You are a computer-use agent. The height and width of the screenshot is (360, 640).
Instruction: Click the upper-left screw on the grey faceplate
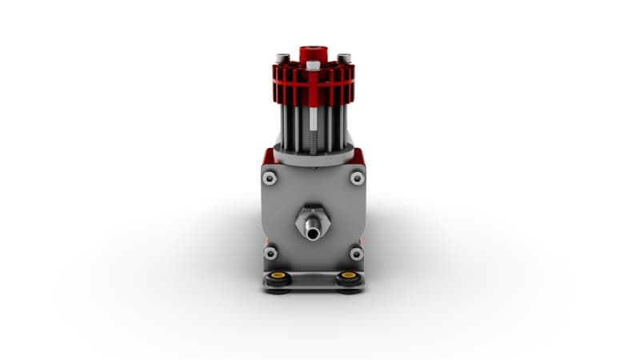[270, 178]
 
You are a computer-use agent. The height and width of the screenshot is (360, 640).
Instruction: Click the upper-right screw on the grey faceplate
[357, 178]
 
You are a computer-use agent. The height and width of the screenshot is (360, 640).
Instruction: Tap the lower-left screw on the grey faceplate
[270, 254]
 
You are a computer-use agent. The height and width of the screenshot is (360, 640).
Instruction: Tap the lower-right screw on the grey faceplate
[357, 254]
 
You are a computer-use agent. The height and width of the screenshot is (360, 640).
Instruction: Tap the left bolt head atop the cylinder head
[281, 58]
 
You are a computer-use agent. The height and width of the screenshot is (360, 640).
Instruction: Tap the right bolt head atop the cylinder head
[344, 58]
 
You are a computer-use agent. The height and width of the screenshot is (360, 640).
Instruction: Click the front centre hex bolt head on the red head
[313, 65]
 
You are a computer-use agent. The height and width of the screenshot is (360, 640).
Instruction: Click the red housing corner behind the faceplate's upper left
[264, 155]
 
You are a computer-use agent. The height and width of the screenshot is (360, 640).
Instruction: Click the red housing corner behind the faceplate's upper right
[362, 155]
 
